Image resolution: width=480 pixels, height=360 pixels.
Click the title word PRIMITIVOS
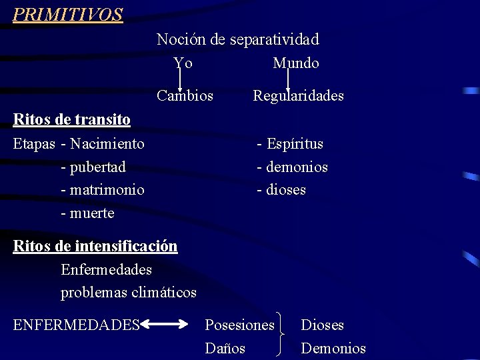(x=68, y=15)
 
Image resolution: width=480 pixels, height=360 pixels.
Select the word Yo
(x=183, y=63)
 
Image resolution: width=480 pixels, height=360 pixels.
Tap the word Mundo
(x=296, y=63)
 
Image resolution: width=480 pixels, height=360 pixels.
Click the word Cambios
(x=185, y=96)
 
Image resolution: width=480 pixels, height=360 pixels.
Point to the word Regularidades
(x=298, y=96)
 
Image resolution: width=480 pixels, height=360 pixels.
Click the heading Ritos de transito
(x=72, y=120)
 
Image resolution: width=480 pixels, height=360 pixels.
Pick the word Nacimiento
(x=107, y=144)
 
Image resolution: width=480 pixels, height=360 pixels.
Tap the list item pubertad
(x=97, y=167)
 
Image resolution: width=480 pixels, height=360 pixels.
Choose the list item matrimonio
(x=106, y=190)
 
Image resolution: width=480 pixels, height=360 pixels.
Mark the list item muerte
(x=91, y=213)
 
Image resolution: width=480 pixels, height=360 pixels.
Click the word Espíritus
(x=295, y=144)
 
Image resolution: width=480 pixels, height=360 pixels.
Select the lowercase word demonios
(x=297, y=167)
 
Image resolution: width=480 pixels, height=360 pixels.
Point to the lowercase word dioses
(x=286, y=190)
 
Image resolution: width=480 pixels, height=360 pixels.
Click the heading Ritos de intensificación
(x=95, y=247)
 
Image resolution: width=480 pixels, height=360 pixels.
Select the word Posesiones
(x=239, y=325)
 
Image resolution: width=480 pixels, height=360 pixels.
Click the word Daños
(x=225, y=348)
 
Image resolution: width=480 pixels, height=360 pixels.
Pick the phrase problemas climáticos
(x=129, y=293)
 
